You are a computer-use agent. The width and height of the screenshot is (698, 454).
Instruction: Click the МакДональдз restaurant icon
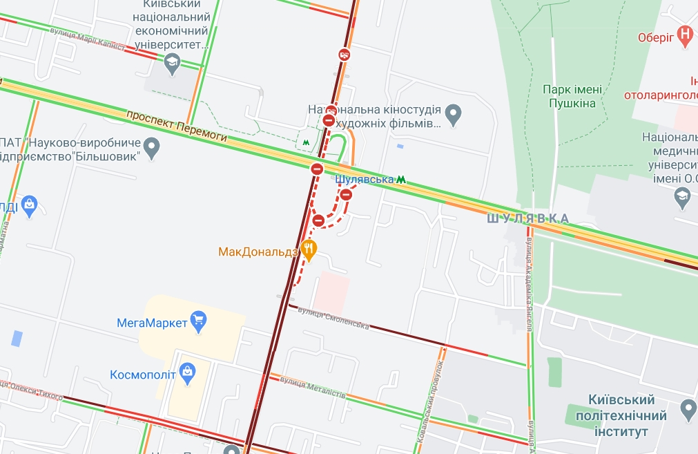coord(309,250)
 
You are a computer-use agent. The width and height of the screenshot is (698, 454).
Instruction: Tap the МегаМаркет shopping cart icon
coord(199,321)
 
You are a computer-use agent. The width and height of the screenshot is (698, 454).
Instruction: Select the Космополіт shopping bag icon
coord(187,372)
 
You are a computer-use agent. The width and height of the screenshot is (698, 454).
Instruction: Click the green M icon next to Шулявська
coord(400,180)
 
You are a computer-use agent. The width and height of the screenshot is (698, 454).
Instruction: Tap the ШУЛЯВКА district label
coord(527,218)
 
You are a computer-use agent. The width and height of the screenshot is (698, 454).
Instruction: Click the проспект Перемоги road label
coord(177,126)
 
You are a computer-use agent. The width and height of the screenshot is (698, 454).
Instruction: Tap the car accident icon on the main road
coord(344,55)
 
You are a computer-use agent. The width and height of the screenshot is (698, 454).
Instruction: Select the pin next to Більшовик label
coord(152,146)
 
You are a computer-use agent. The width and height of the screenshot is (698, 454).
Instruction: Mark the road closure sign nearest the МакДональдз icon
coord(318,220)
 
